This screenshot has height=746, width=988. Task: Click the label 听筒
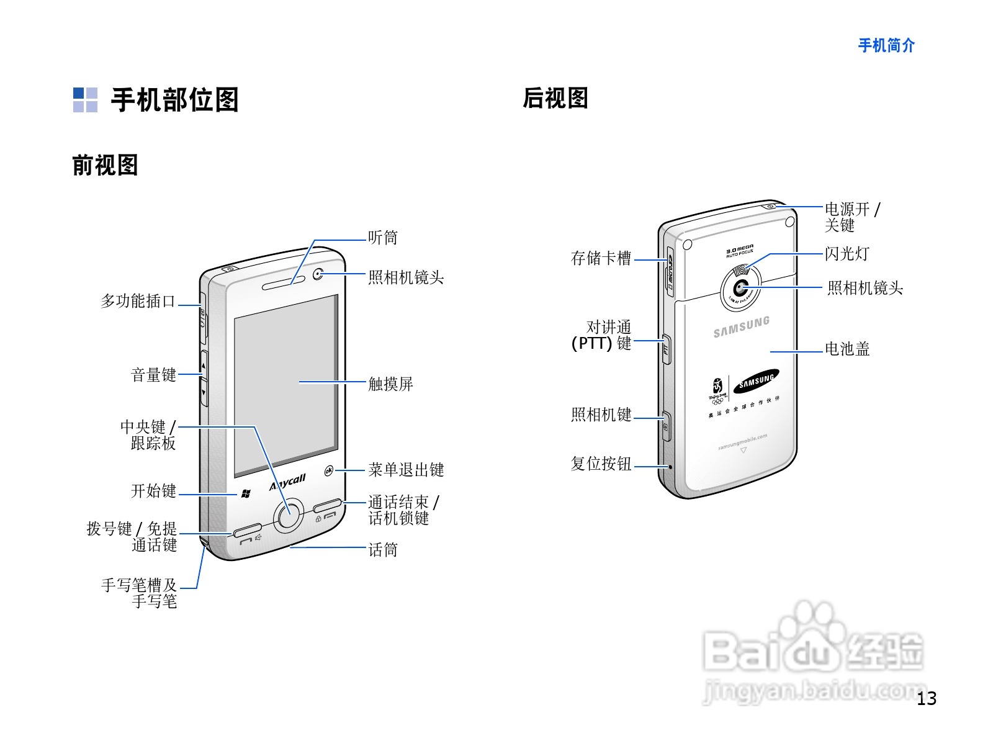382,238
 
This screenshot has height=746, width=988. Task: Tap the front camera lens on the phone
318,274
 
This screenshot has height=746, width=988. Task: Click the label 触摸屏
390,384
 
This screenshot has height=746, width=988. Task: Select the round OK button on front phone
329,471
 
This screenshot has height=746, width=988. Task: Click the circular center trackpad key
288,515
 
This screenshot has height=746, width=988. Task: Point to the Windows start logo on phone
246,494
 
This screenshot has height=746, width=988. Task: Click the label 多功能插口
138,302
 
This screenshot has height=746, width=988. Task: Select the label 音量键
153,375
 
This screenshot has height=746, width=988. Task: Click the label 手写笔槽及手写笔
140,593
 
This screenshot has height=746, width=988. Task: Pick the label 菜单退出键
406,470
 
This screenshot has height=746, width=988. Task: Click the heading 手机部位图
174,100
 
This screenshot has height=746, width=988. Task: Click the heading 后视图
555,98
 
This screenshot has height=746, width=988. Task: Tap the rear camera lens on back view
740,288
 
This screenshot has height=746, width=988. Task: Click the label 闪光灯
847,254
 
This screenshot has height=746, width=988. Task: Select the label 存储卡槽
601,258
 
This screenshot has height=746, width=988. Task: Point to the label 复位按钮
601,464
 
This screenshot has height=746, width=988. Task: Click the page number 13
927,699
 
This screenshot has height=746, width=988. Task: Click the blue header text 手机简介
886,45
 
